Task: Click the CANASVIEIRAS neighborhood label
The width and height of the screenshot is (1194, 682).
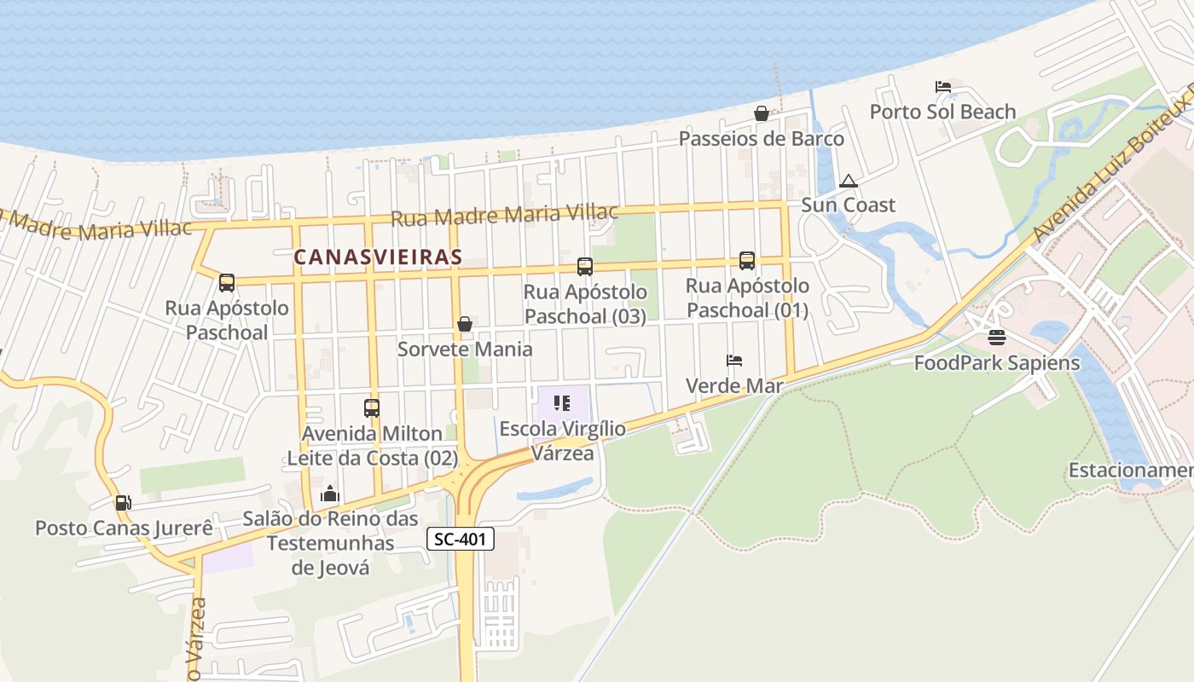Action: (x=378, y=257)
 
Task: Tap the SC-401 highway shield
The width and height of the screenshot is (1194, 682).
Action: (x=461, y=539)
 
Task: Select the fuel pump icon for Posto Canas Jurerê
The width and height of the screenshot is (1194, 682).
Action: (x=124, y=503)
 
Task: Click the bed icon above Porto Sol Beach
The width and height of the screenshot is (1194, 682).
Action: (x=942, y=87)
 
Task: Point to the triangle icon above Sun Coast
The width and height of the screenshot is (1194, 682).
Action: (x=848, y=181)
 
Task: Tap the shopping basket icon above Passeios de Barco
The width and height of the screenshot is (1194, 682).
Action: (x=762, y=113)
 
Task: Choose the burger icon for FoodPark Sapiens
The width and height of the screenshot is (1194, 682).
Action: (x=997, y=338)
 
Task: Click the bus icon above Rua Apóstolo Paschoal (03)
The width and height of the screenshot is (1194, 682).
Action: (x=584, y=267)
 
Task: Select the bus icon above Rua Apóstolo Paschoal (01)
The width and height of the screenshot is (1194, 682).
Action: (x=747, y=261)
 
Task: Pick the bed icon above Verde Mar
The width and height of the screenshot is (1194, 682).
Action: (x=734, y=361)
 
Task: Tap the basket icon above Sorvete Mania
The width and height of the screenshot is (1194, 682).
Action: (x=465, y=324)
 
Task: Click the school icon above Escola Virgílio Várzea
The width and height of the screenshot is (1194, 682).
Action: (x=561, y=402)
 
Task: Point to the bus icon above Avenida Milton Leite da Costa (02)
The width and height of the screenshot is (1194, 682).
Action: (x=371, y=408)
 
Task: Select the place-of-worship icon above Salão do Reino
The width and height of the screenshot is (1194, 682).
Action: (x=330, y=494)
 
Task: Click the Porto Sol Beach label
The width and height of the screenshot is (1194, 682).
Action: (x=942, y=112)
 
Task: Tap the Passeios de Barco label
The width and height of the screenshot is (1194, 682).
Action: (x=762, y=138)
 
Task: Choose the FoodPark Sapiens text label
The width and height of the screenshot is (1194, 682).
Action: (x=997, y=363)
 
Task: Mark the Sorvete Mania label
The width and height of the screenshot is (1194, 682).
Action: (x=465, y=349)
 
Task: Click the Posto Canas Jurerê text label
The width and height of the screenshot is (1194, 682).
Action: (x=124, y=528)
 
